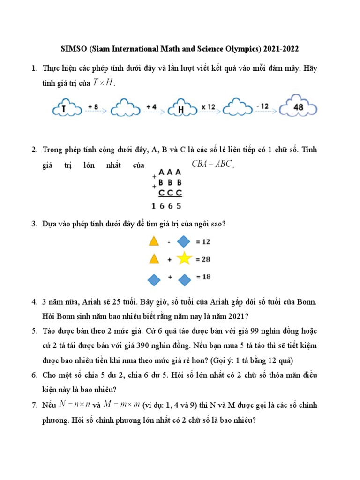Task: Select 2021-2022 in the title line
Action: [x=281, y=49]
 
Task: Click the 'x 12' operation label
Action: [x=208, y=107]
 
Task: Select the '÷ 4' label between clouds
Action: [x=150, y=107]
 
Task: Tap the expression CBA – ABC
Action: [x=212, y=164]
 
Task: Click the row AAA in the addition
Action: [x=170, y=172]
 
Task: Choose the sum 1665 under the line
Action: [x=166, y=205]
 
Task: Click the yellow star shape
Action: [x=184, y=258]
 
